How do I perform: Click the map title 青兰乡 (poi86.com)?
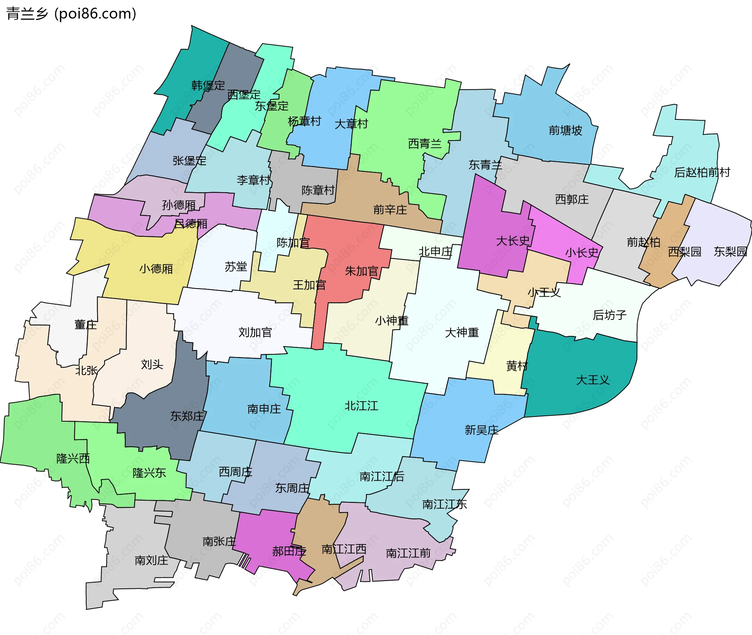pyautogui.click(x=71, y=14)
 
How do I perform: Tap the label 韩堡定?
pyautogui.click(x=208, y=85)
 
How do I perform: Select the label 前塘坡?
pyautogui.click(x=565, y=130)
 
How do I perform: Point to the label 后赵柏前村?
pyautogui.click(x=702, y=172)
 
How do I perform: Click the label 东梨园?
pyautogui.click(x=730, y=251)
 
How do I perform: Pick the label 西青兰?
pyautogui.click(x=425, y=144)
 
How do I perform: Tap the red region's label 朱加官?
pyautogui.click(x=362, y=271)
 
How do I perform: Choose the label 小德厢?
pyautogui.click(x=156, y=269)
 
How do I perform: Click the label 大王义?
pyautogui.click(x=593, y=380)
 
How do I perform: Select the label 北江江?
pyautogui.click(x=361, y=406)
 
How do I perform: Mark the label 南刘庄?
pyautogui.click(x=151, y=560)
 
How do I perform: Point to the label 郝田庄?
pyautogui.click(x=289, y=551)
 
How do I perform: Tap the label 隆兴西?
pyautogui.click(x=73, y=458)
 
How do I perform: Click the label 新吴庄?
pyautogui.click(x=481, y=430)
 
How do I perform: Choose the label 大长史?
pyautogui.click(x=513, y=241)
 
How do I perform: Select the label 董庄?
pyautogui.click(x=85, y=325)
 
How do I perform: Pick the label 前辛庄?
pyautogui.click(x=390, y=210)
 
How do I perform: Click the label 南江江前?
pyautogui.click(x=408, y=553)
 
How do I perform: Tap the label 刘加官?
pyautogui.click(x=255, y=332)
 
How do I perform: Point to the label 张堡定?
pyautogui.click(x=189, y=161)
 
